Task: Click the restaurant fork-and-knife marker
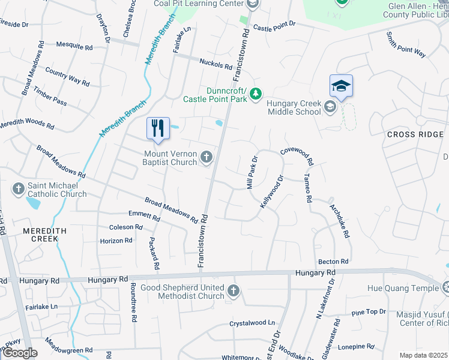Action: click(158, 128)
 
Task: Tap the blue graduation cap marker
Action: click(340, 86)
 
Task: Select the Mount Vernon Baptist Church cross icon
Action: click(206, 157)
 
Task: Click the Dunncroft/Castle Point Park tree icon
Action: click(256, 94)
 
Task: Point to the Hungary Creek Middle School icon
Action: click(330, 107)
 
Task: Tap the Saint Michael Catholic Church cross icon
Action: click(18, 190)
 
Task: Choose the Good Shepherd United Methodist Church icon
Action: click(234, 292)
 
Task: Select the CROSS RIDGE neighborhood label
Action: click(415, 134)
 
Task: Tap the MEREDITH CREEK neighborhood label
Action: click(41, 235)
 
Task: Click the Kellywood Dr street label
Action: click(271, 191)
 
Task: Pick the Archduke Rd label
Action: click(339, 221)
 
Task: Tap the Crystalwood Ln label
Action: click(252, 323)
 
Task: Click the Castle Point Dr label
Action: click(274, 26)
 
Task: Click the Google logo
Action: click(20, 353)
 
